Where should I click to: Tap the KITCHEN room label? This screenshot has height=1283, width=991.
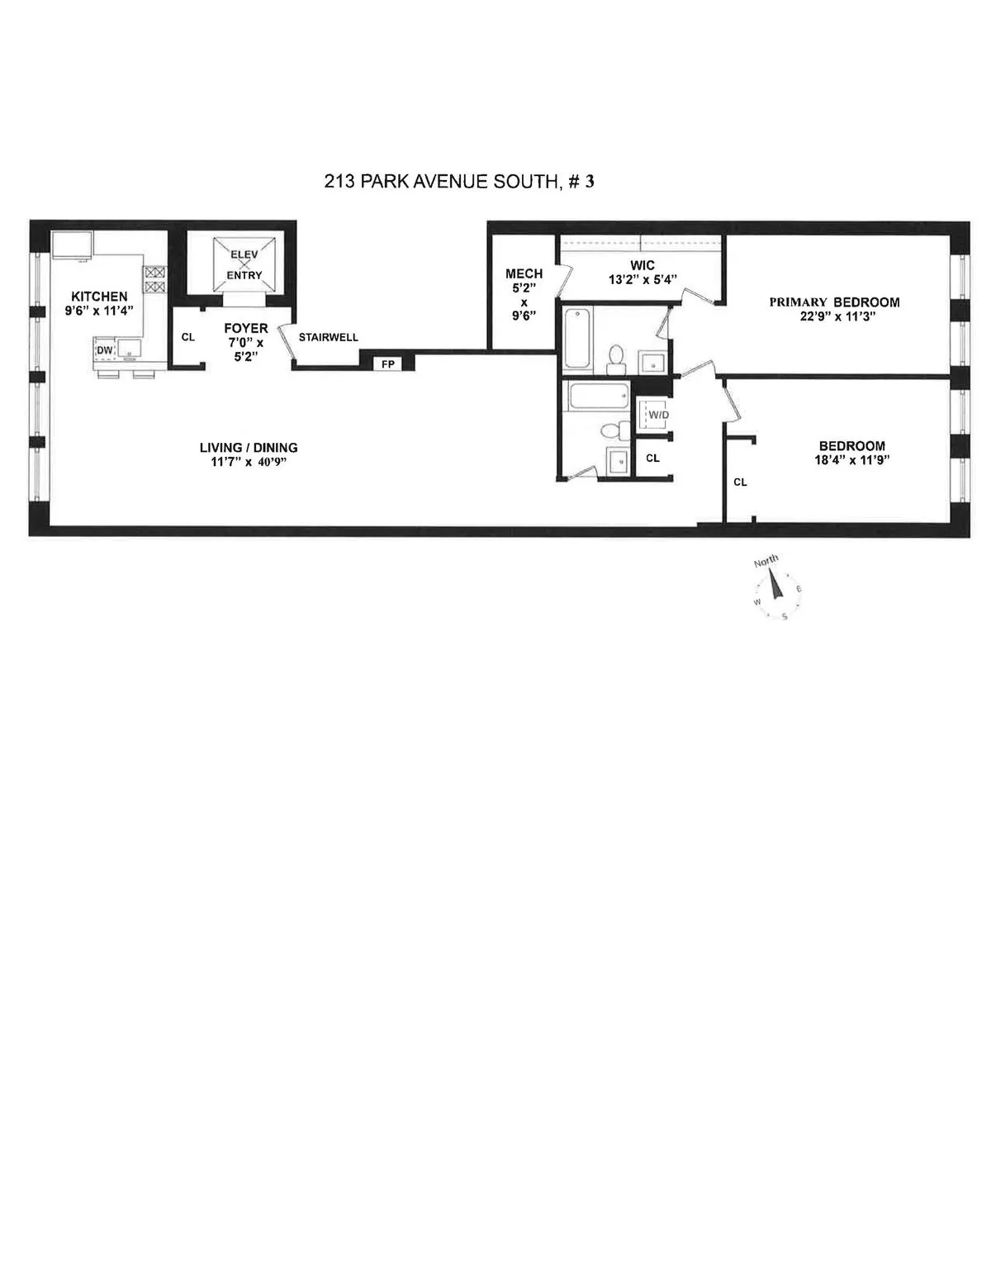click(99, 297)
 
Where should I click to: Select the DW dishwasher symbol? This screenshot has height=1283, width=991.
click(104, 350)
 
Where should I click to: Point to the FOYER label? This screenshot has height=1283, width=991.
click(245, 329)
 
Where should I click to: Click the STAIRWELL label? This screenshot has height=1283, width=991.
click(328, 337)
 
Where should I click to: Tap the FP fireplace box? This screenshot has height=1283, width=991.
click(387, 364)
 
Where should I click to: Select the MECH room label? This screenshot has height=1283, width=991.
click(524, 274)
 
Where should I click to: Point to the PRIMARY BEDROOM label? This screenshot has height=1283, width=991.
click(834, 302)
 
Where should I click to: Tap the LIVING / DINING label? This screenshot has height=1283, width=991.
click(249, 448)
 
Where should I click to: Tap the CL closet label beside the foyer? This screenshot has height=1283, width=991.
click(187, 337)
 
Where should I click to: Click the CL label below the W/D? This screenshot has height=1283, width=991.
click(652, 458)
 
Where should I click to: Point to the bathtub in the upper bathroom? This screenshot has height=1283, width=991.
click(576, 338)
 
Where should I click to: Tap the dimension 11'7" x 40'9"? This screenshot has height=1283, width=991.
click(249, 462)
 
